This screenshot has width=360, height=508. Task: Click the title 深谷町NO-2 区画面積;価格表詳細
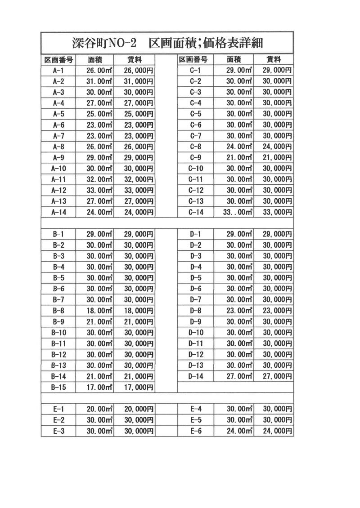[167, 43]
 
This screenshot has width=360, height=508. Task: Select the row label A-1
[58, 70]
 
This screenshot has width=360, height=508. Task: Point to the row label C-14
[196, 212]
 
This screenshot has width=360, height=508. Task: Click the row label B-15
[58, 387]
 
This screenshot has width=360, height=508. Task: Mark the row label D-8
[196, 311]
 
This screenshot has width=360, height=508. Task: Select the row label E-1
[58, 409]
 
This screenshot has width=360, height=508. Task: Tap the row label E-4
[196, 409]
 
